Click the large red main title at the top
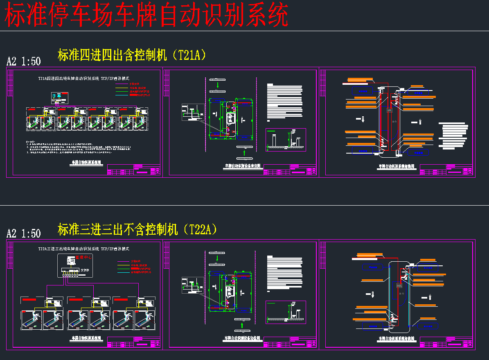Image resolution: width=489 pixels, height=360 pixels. click(146, 16)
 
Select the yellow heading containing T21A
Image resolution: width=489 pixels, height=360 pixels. click(132, 55)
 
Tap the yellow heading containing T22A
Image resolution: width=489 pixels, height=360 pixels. click(137, 229)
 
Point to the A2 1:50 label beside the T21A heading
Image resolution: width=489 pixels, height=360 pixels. click(24, 61)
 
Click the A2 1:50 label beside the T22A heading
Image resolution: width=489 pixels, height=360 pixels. click(24, 233)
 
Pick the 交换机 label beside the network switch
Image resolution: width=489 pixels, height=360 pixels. click(84, 270)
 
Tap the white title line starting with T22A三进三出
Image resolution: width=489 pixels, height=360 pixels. click(83, 249)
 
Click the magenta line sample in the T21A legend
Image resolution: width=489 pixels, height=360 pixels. click(122, 83)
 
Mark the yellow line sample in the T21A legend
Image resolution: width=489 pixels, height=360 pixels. click(122, 87)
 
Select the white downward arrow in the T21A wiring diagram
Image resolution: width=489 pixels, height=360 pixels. click(361, 119)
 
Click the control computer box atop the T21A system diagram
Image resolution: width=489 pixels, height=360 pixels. click(60, 97)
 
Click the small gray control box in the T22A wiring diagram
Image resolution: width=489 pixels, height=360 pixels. click(399, 285)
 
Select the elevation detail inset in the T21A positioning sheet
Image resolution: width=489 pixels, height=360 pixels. click(286, 139)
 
